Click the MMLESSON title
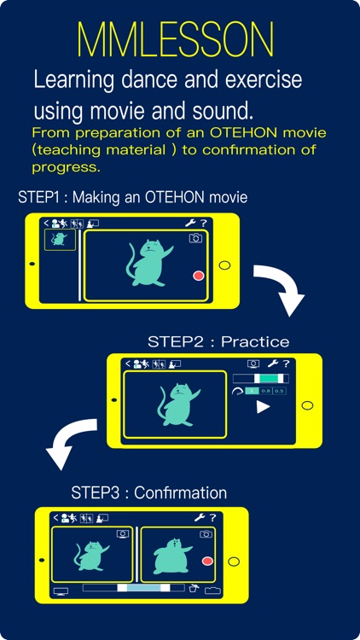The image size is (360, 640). click(176, 39)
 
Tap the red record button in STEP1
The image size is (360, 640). click(199, 276)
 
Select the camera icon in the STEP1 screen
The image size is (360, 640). click(195, 238)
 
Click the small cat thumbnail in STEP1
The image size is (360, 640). click(60, 240)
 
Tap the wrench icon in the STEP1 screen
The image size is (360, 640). click(189, 223)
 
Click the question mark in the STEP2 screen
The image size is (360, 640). click(286, 364)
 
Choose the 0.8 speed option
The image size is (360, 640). click(265, 391)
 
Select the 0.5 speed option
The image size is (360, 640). click(279, 391)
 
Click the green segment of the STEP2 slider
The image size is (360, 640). click(269, 379)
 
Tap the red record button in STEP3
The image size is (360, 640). click(207, 561)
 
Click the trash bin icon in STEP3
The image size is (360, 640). click(194, 588)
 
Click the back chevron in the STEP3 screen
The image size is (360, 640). click(56, 518)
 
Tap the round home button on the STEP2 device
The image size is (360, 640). click(307, 405)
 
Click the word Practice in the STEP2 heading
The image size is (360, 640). click(255, 341)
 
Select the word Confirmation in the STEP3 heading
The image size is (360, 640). click(180, 492)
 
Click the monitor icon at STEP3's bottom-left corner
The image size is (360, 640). click(61, 591)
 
